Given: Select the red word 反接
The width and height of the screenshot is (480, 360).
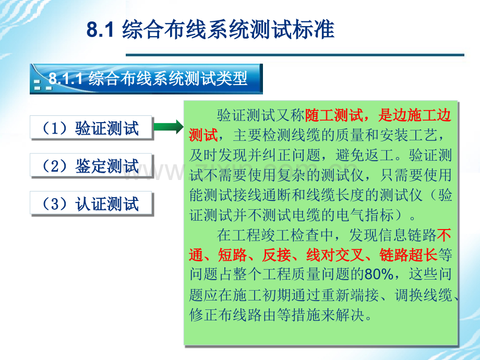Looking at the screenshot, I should (x=280, y=255).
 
